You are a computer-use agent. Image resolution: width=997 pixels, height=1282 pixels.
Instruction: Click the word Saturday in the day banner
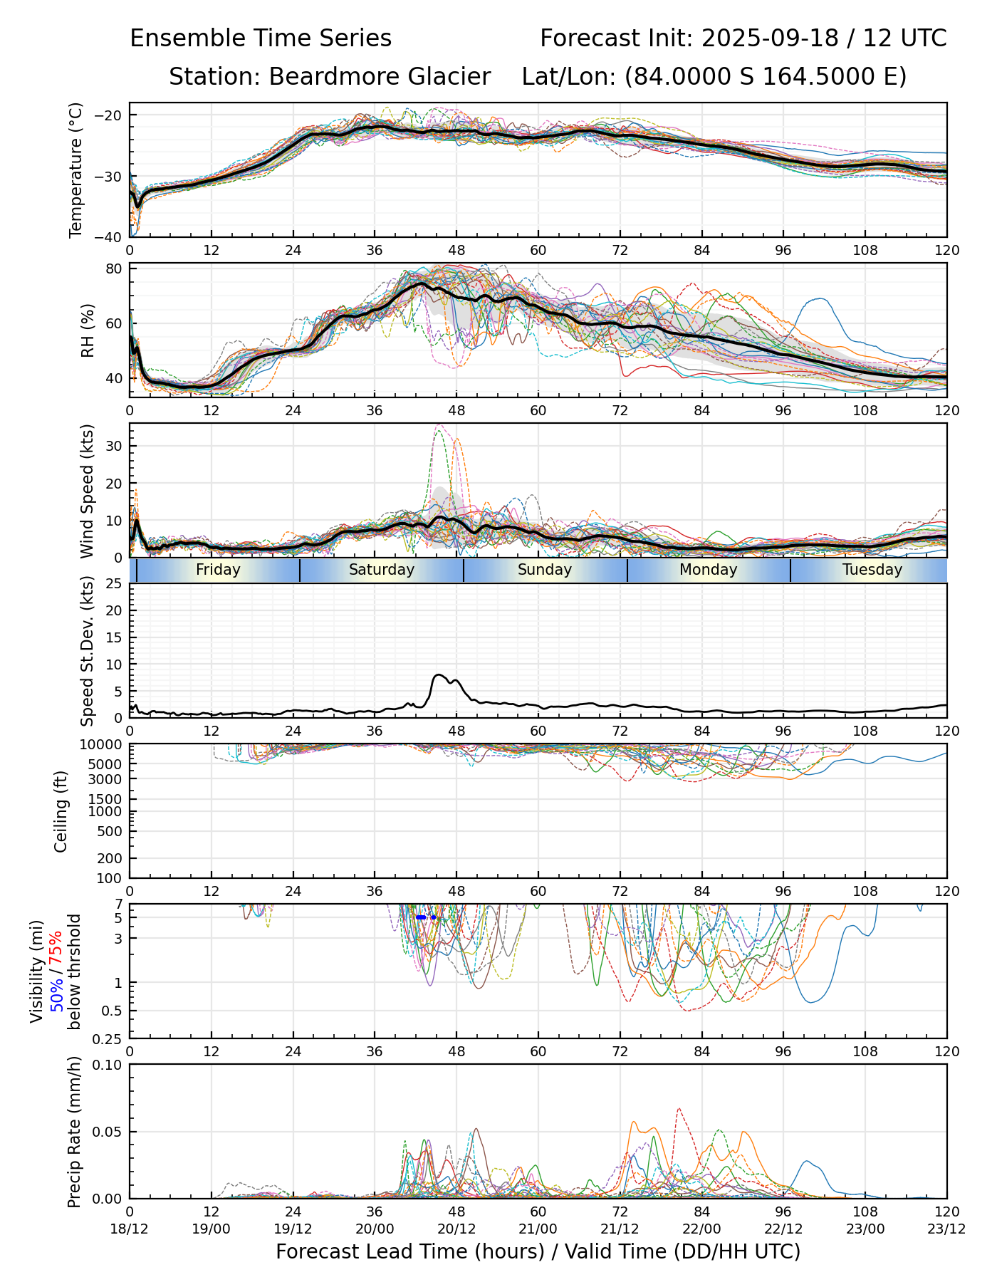[x=382, y=570]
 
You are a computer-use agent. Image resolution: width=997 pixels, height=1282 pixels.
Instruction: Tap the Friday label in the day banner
[x=218, y=570]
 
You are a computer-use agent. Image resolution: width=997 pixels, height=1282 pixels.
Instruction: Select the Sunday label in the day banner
[x=545, y=570]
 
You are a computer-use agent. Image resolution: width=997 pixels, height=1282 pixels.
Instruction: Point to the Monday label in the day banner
[x=709, y=570]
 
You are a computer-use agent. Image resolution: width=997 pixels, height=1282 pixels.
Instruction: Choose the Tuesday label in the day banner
[x=872, y=570]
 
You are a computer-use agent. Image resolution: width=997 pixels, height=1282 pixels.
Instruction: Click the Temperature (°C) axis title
[x=76, y=170]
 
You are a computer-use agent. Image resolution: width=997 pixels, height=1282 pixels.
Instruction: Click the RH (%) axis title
[x=88, y=330]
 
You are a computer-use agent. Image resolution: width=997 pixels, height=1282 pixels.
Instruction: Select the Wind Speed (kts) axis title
[x=88, y=491]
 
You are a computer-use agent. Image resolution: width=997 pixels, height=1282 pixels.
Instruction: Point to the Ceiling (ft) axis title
[x=61, y=811]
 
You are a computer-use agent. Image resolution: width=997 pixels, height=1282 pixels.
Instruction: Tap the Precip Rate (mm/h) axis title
[x=74, y=1132]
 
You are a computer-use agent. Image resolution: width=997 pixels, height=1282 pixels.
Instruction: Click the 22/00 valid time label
[x=701, y=1229]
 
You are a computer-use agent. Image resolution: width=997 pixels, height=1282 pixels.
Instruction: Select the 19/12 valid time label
[x=293, y=1229]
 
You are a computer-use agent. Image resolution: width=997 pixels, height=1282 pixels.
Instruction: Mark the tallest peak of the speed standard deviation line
[x=439, y=674]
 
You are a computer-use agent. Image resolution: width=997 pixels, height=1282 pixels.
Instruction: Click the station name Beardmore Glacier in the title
[x=380, y=77]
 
